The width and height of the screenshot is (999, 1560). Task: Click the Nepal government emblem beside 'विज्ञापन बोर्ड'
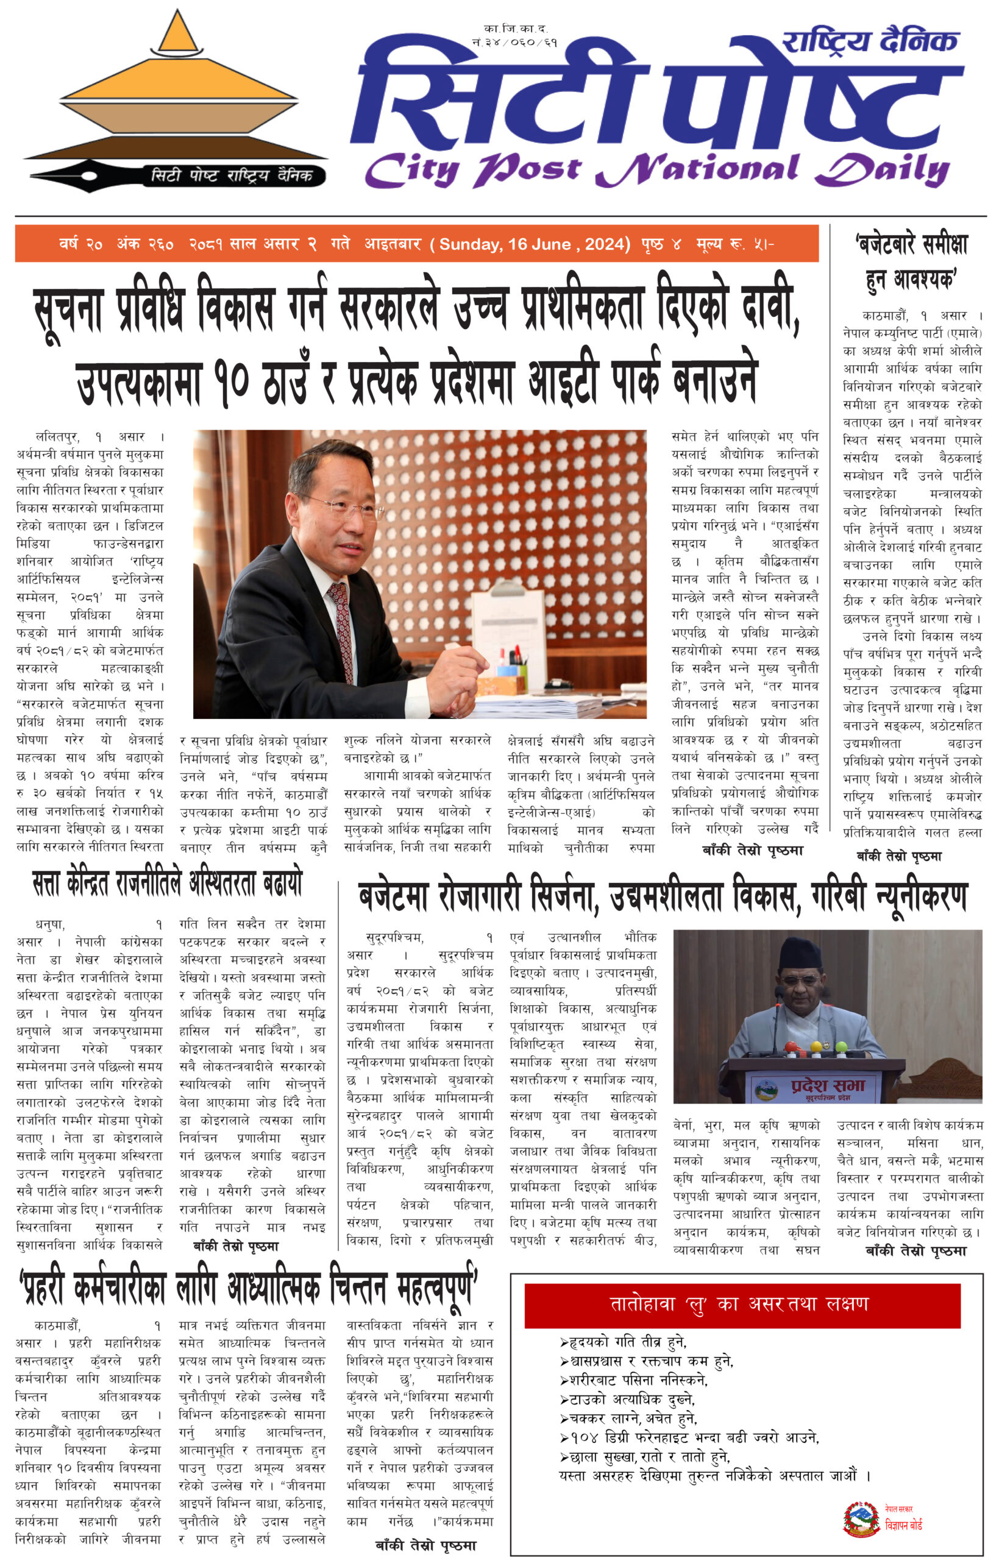pos(861,1519)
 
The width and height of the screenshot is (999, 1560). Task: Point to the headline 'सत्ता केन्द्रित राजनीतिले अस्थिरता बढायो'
pos(168,884)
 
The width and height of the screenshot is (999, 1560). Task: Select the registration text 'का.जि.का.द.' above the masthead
pos(515,29)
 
